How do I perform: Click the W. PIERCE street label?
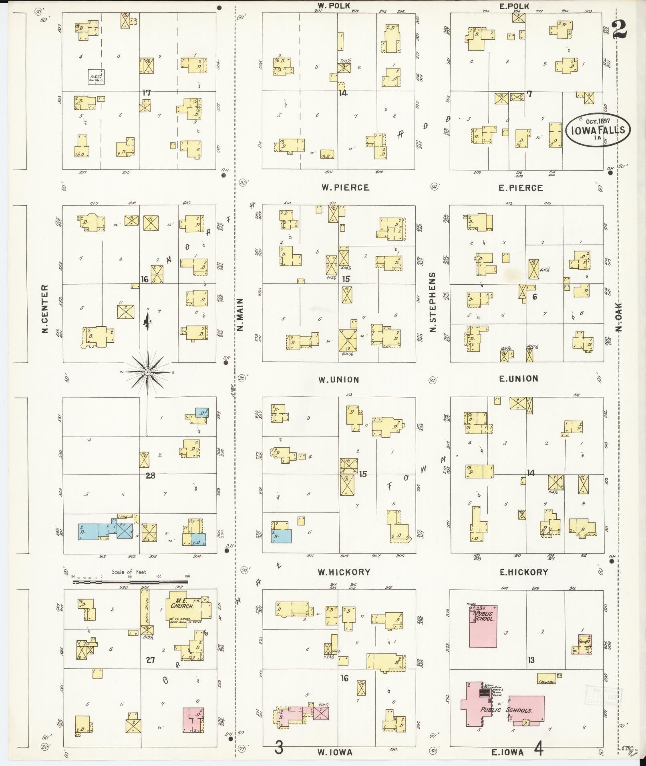344,187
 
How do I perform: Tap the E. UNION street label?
521,378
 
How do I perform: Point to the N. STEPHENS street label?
433,302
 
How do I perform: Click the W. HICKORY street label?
344,573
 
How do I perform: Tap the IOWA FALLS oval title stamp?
597,130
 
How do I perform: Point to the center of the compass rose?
147,372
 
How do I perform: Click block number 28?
151,476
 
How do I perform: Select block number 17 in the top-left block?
146,92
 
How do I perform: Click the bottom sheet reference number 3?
279,748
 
